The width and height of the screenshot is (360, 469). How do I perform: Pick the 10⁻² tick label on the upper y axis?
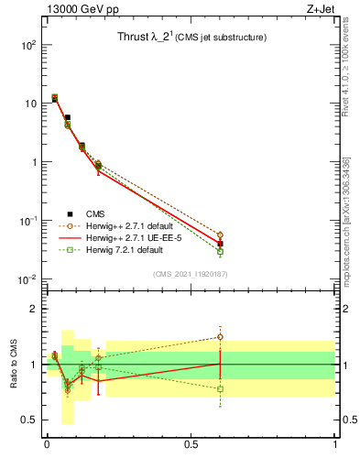27,279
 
